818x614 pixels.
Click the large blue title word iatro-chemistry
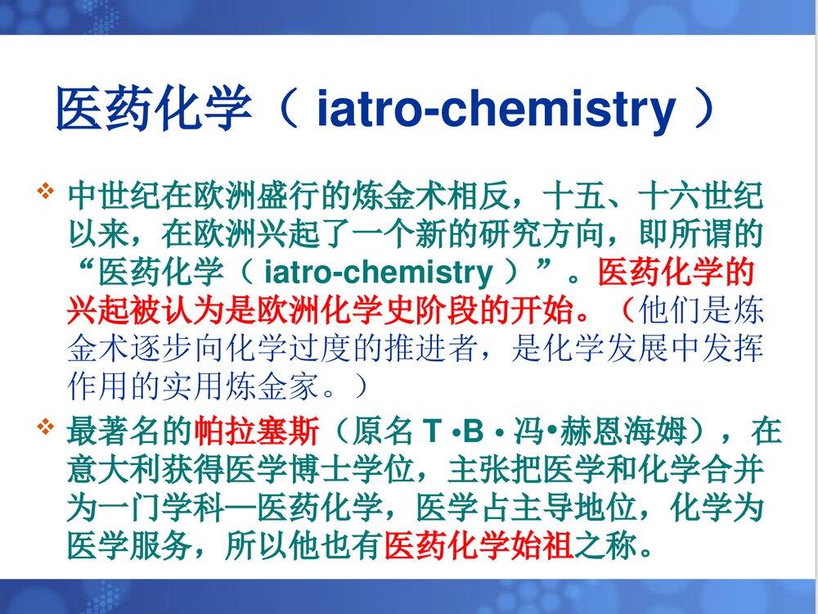click(497, 111)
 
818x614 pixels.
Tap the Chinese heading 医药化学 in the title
click(153, 111)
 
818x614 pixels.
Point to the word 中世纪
click(114, 197)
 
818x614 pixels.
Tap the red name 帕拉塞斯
click(259, 430)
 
